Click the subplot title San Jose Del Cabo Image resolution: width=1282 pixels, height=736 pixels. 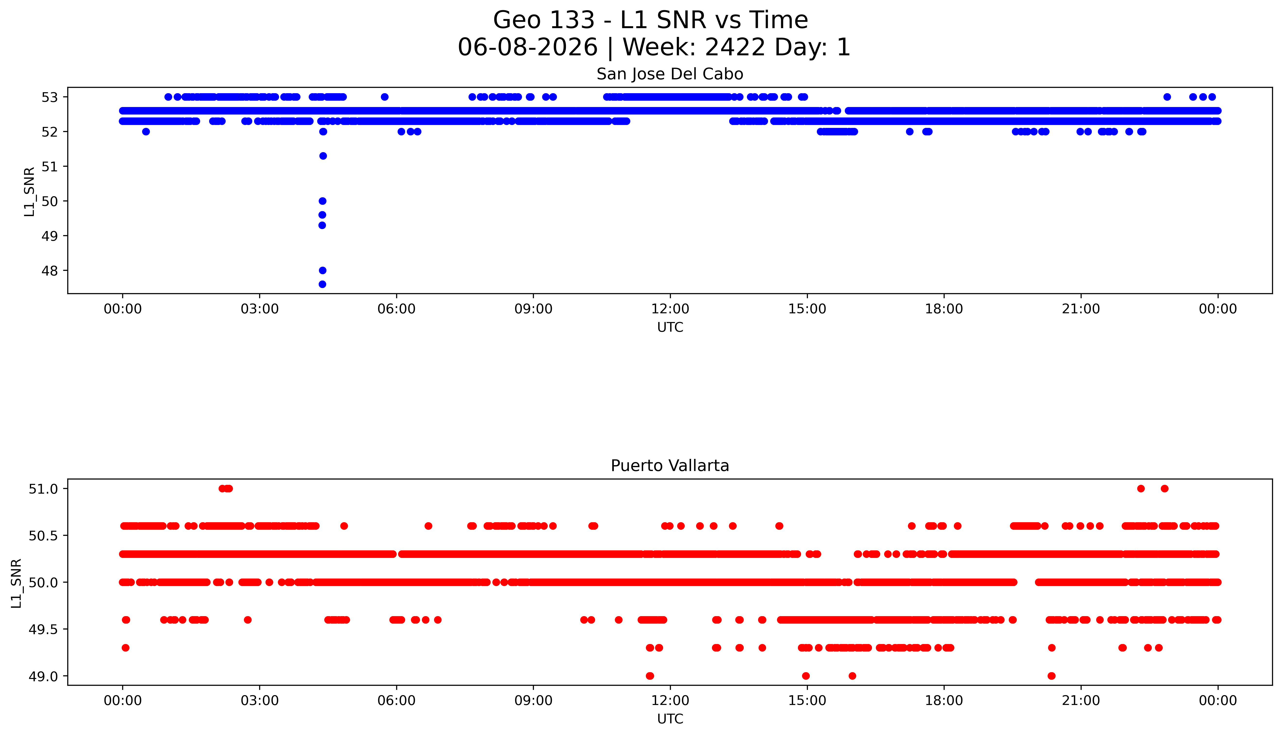670,74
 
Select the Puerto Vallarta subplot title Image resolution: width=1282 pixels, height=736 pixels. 670,466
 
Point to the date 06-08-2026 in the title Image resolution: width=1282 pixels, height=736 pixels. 528,48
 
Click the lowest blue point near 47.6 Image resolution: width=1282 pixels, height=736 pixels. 322,284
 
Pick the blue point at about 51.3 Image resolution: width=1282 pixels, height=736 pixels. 323,156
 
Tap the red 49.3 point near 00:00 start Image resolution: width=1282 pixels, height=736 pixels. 126,647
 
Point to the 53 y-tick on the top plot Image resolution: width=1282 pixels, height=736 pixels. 50,97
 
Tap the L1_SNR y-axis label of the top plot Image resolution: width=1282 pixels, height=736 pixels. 29,192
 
